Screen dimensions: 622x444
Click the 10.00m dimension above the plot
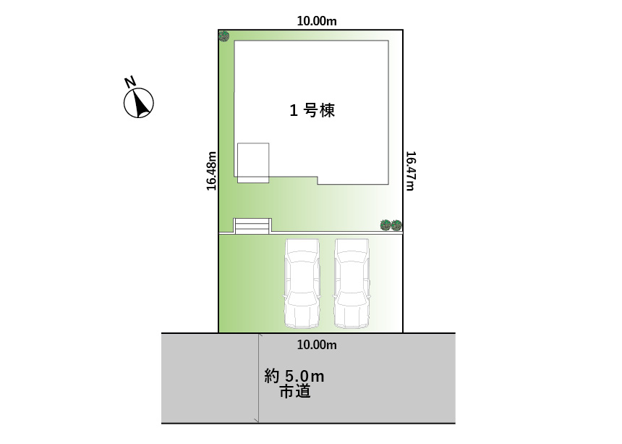(x=317, y=21)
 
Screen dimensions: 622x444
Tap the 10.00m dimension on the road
(x=317, y=345)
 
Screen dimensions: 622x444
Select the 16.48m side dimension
(x=211, y=171)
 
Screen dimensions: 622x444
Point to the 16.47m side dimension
(x=410, y=171)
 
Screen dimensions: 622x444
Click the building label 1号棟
(x=312, y=110)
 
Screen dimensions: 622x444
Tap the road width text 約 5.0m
(x=294, y=376)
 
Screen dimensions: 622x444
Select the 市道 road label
(x=295, y=392)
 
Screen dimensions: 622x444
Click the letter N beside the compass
(x=129, y=82)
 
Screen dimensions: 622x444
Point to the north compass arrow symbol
(x=138, y=104)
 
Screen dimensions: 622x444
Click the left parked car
(x=302, y=283)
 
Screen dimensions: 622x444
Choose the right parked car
(x=352, y=283)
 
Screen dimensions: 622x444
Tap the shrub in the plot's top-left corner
(x=224, y=36)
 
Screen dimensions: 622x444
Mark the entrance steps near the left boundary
(x=252, y=226)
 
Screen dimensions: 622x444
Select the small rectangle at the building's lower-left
(x=253, y=163)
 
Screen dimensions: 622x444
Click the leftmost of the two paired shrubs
(x=385, y=225)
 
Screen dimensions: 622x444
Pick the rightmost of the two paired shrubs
(x=396, y=225)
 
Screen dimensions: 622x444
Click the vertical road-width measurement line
(x=259, y=378)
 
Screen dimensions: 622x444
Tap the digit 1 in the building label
(x=294, y=111)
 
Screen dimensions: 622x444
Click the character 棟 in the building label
(x=327, y=110)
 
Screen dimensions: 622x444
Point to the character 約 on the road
(x=272, y=376)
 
